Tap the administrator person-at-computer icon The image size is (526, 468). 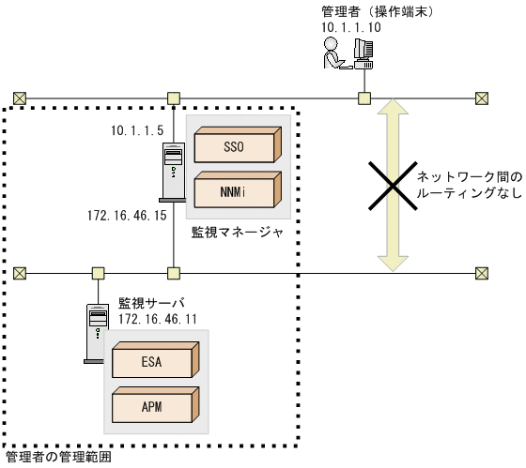(348, 57)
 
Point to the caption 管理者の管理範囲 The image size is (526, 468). (58, 459)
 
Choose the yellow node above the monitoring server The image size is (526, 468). (98, 273)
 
